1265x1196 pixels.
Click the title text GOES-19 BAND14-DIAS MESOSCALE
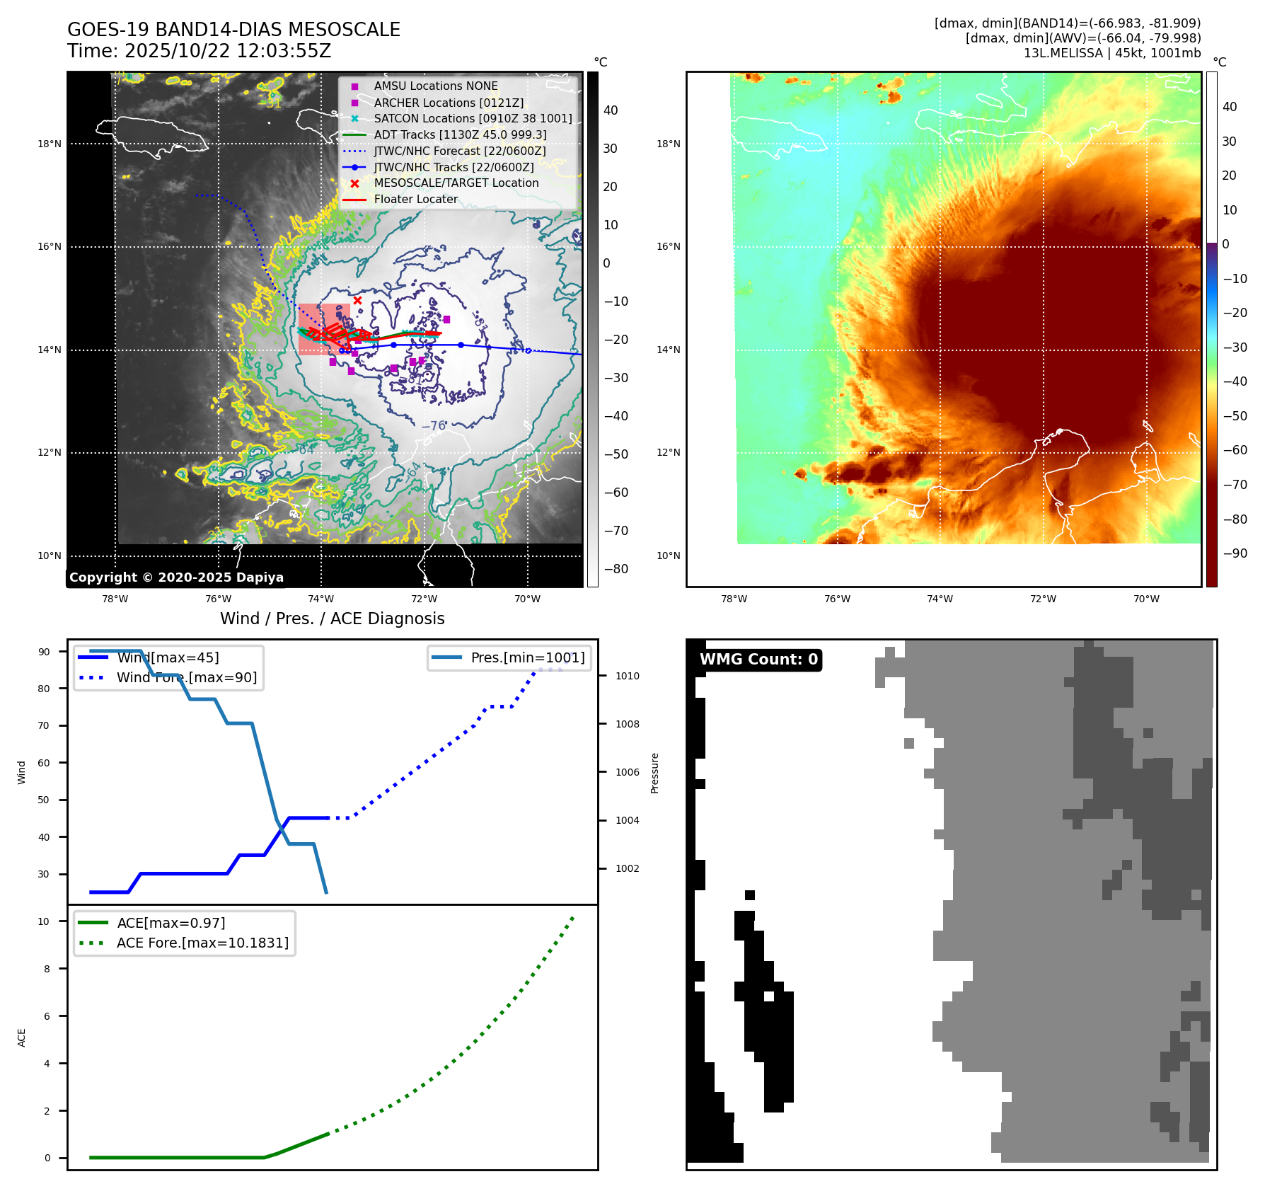pyautogui.click(x=233, y=30)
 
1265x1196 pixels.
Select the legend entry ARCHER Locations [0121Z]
pyautogui.click(x=449, y=103)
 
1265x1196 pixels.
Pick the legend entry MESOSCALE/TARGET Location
pyautogui.click(x=456, y=183)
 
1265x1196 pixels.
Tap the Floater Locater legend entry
pyautogui.click(x=415, y=199)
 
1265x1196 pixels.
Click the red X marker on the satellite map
pyautogui.click(x=357, y=301)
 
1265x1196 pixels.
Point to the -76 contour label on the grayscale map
pyautogui.click(x=434, y=426)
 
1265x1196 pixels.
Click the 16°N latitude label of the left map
pyautogui.click(x=50, y=247)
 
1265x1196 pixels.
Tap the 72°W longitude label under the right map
pyautogui.click(x=1043, y=599)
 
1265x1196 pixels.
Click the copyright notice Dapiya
pyautogui.click(x=176, y=577)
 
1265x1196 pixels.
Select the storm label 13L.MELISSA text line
pyautogui.click(x=1111, y=53)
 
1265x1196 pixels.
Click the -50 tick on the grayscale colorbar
pyautogui.click(x=616, y=454)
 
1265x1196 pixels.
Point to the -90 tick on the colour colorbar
pyautogui.click(x=1235, y=553)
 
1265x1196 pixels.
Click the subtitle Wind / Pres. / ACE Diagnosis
pyautogui.click(x=332, y=619)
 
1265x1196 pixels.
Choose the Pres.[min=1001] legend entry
pyautogui.click(x=527, y=657)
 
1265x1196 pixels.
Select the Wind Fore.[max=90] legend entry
pyautogui.click(x=186, y=677)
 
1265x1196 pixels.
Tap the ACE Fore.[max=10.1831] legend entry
pyautogui.click(x=202, y=943)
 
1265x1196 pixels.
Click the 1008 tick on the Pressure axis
pyautogui.click(x=627, y=724)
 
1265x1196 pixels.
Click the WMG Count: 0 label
pyautogui.click(x=758, y=660)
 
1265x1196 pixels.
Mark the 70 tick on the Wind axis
pyautogui.click(x=44, y=725)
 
